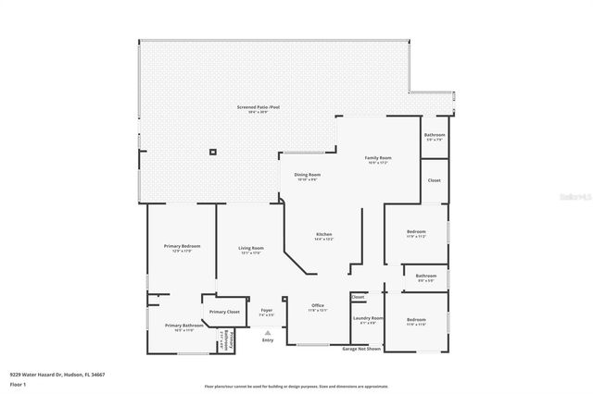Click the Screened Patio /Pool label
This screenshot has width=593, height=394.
click(258, 106)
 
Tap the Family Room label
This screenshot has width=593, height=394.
click(378, 158)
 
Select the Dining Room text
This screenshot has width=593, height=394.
click(308, 175)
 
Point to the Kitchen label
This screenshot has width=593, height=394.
click(323, 234)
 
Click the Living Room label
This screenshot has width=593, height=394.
click(251, 248)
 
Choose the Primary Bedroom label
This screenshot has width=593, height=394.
click(183, 246)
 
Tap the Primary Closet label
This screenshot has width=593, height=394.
click(224, 313)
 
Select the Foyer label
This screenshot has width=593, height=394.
click(267, 311)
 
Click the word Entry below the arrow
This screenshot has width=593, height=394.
click(268, 339)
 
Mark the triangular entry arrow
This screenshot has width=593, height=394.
click(268, 331)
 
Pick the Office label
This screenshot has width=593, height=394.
click(317, 306)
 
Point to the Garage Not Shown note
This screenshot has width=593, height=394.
click(362, 349)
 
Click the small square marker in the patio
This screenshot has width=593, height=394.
click(213, 152)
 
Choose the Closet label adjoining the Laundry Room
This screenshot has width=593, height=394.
click(359, 297)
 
